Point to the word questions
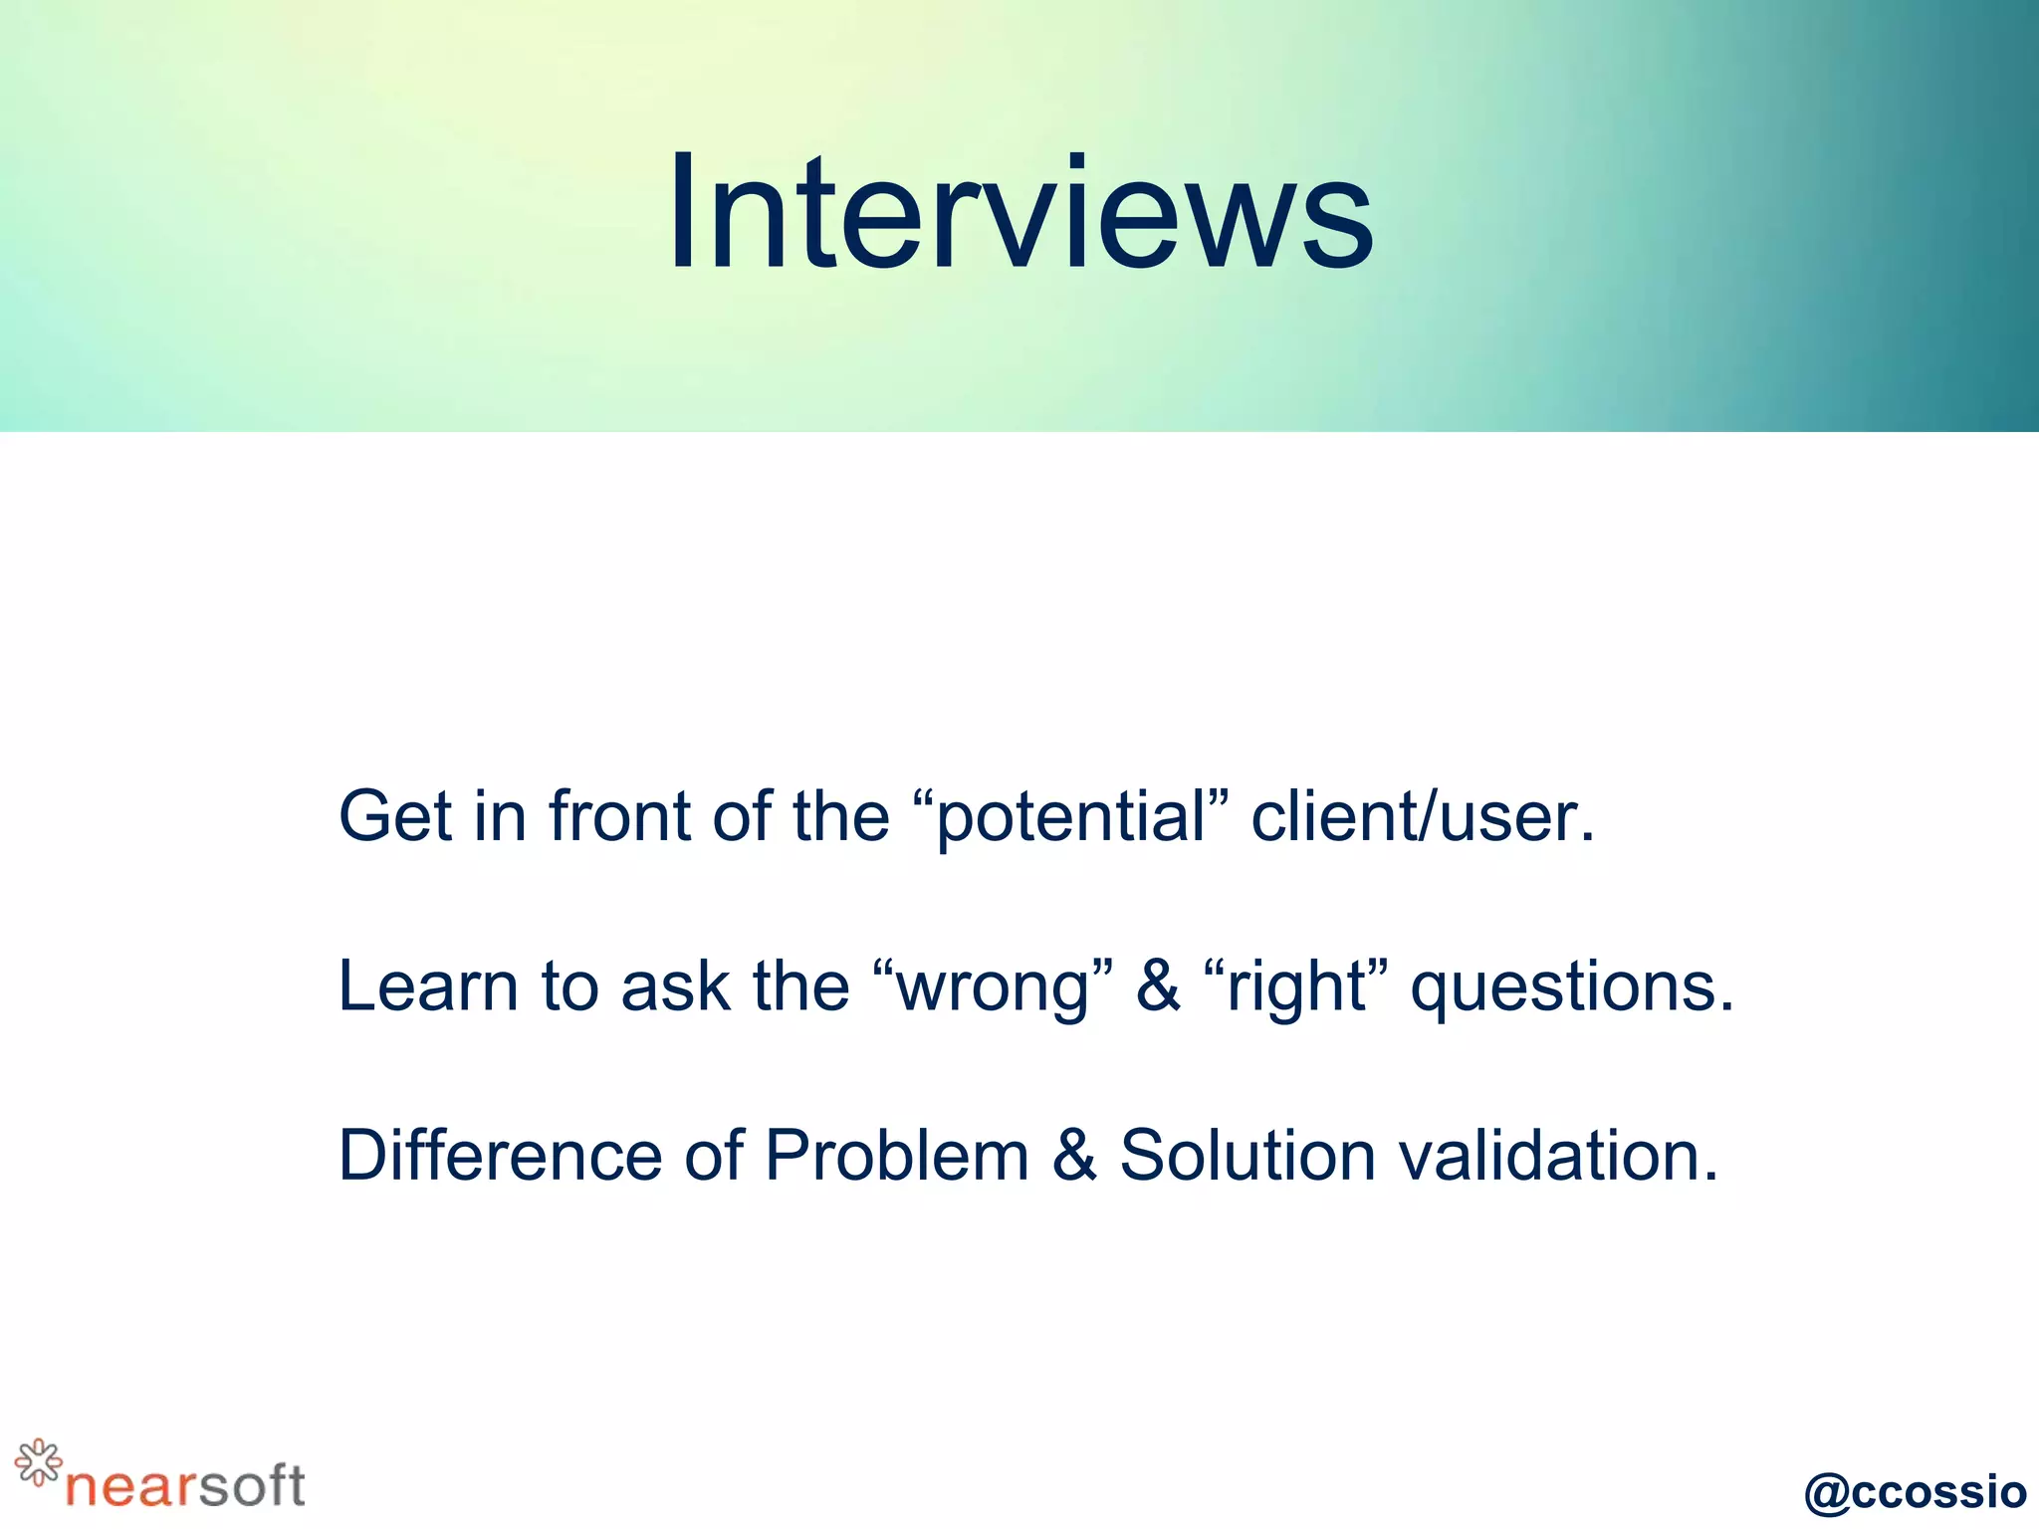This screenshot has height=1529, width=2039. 1572,988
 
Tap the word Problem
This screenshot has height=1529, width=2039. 896,1156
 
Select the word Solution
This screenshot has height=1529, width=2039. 1247,1156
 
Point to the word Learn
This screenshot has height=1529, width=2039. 428,986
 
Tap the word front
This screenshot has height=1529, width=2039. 620,816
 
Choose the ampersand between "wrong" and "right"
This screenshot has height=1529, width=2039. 1158,986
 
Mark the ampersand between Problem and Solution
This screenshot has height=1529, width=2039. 1074,1156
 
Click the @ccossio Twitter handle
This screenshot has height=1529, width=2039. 1915,1491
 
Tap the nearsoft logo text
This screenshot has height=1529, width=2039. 185,1486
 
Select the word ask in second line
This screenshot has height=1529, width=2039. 674,986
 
